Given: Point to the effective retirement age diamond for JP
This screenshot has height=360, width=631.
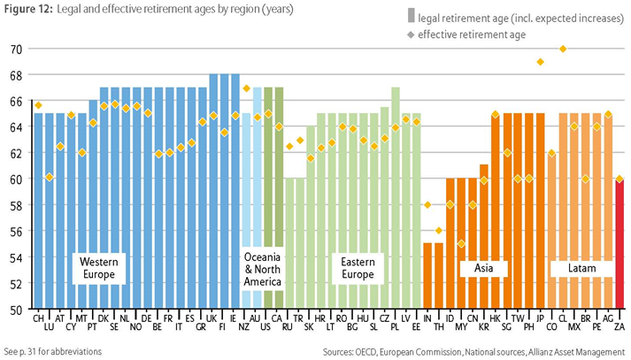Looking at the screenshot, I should pyautogui.click(x=540, y=62).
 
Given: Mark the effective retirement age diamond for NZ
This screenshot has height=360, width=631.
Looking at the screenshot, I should pyautogui.click(x=246, y=88).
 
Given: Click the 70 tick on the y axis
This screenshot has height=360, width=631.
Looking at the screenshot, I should pyautogui.click(x=16, y=49).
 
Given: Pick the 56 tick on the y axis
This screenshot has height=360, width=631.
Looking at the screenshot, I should pyautogui.click(x=16, y=232).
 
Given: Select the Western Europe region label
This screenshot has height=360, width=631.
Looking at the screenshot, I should pyautogui.click(x=99, y=268).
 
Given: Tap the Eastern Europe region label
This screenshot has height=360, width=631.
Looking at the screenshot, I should pyautogui.click(x=357, y=268).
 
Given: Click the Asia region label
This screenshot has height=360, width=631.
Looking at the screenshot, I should pyautogui.click(x=483, y=267).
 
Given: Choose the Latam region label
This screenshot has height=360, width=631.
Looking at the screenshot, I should pyautogui.click(x=574, y=267).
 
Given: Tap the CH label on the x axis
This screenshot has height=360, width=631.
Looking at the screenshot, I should pyautogui.click(x=38, y=318).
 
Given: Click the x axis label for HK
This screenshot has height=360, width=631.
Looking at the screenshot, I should pyautogui.click(x=495, y=318).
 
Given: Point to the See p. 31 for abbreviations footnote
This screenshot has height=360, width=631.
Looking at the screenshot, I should pyautogui.click(x=53, y=351).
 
